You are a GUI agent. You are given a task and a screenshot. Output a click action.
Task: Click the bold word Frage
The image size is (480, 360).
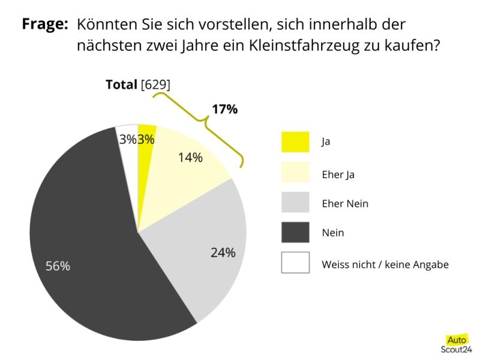(x=44, y=25)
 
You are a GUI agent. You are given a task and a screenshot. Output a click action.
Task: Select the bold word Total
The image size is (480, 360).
(x=121, y=85)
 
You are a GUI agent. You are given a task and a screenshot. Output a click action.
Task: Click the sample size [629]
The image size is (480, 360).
(x=155, y=85)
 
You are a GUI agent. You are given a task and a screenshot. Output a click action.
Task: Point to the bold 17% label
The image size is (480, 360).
(x=224, y=109)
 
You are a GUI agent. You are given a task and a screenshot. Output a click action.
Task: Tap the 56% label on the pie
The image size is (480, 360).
(x=58, y=266)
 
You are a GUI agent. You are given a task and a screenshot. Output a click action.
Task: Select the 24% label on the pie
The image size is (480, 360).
(x=223, y=253)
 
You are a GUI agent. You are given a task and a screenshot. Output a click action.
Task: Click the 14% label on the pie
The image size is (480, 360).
(x=190, y=158)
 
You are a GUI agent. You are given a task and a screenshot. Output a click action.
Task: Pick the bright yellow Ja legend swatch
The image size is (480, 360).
(x=295, y=142)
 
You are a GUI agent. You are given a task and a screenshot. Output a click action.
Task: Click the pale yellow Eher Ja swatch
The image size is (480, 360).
(x=295, y=172)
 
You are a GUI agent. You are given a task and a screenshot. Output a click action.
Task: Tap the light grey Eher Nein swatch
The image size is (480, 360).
(x=295, y=202)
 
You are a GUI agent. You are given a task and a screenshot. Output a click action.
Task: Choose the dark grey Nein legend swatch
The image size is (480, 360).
(x=295, y=232)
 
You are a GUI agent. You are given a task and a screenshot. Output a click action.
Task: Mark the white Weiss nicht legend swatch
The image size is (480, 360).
(x=295, y=263)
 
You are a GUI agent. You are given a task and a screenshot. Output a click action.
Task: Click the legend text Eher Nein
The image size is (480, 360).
(x=345, y=203)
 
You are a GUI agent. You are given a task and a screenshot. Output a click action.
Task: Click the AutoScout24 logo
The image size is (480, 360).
(x=456, y=343)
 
